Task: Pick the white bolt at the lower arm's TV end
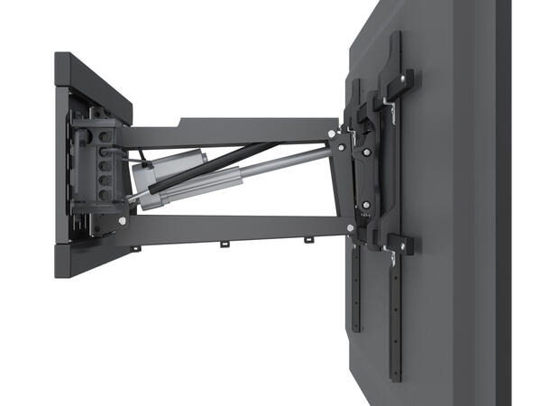349,228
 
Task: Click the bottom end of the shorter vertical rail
354,330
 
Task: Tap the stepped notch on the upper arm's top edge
183,122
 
